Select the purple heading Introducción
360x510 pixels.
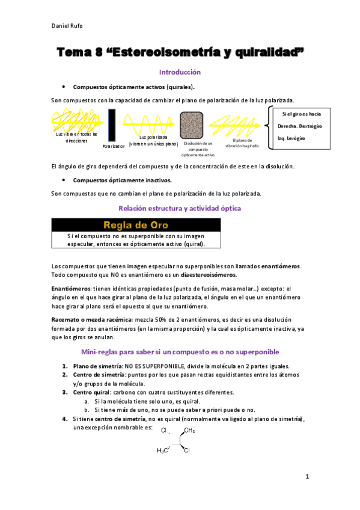(x=180, y=71)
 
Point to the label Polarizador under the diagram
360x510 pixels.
(x=113, y=146)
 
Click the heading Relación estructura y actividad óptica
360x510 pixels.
(x=180, y=208)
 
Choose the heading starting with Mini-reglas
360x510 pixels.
(x=180, y=351)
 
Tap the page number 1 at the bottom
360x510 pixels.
(x=307, y=477)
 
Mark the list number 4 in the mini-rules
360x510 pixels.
(x=65, y=418)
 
